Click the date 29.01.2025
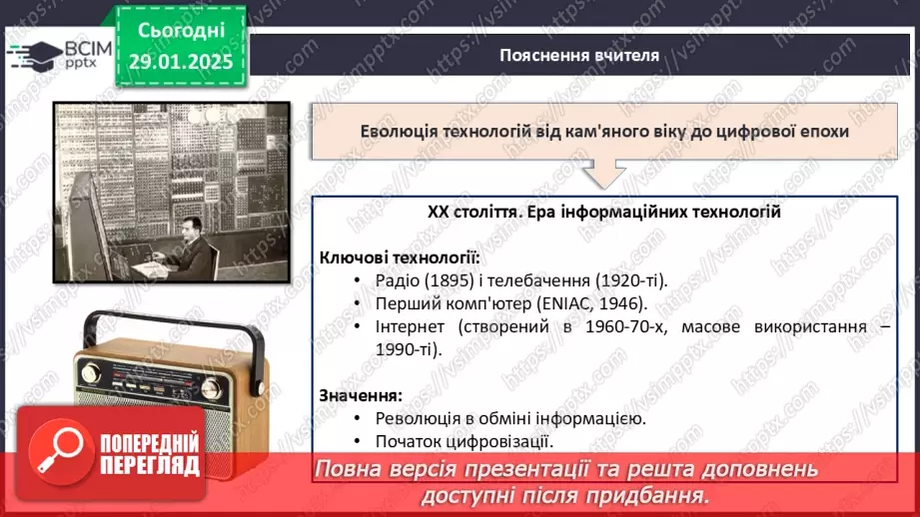(181, 61)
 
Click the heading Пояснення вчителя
(579, 55)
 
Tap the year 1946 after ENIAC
(617, 302)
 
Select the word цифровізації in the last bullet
(496, 441)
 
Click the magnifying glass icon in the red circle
(66, 454)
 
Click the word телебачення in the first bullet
(537, 279)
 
